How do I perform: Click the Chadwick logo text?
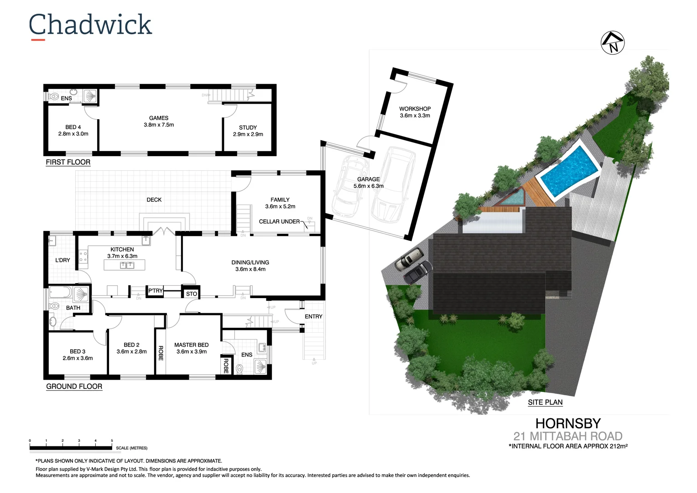pos(90,25)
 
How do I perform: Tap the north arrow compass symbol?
pos(613,43)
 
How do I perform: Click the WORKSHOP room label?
pos(415,109)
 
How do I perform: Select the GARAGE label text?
pos(368,179)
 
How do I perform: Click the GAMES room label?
pos(159,118)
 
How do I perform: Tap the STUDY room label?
pos(248,128)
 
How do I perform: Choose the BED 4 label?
pos(73,127)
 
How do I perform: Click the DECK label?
pos(154,199)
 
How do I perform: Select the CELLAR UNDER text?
pos(279,221)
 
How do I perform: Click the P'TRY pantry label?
pos(156,291)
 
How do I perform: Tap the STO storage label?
pos(192,294)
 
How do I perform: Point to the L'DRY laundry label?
pos(63,260)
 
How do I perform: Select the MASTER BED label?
pos(191,345)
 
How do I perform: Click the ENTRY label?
pos(313,316)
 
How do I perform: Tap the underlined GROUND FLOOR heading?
pos(74,387)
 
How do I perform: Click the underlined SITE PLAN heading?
pos(545,402)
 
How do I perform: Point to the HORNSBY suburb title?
pos(568,423)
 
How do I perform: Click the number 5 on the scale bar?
pos(112,441)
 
